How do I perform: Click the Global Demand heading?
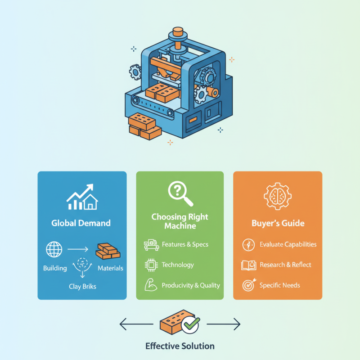(x=81, y=223)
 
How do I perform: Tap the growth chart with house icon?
(x=81, y=197)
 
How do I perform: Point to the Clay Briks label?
(x=82, y=285)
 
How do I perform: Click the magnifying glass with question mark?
(x=180, y=193)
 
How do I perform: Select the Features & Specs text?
(x=184, y=244)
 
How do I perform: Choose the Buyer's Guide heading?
(x=278, y=223)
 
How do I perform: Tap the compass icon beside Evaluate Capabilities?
(x=248, y=244)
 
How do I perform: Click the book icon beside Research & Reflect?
(x=248, y=265)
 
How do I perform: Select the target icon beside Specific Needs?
(x=248, y=285)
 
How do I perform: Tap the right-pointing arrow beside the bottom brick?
(x=224, y=324)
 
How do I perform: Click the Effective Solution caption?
(x=180, y=346)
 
